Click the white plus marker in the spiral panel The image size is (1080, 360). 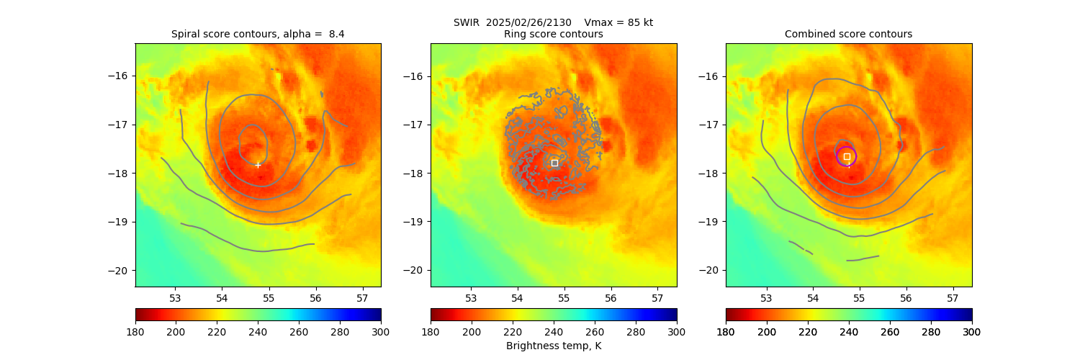[x=258, y=165]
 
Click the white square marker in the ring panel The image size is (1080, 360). [x=554, y=163]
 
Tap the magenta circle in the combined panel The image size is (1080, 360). [x=846, y=156]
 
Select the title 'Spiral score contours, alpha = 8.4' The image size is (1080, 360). [x=258, y=34]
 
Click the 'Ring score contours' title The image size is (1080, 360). [x=554, y=34]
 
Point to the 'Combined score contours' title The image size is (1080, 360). [x=848, y=34]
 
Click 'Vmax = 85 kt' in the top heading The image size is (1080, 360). [x=618, y=22]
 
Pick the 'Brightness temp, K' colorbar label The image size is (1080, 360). [x=554, y=346]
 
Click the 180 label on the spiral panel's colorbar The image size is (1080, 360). [x=135, y=332]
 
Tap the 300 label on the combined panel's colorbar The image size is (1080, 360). [x=972, y=332]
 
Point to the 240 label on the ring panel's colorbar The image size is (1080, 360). [x=554, y=332]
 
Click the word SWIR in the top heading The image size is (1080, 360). [x=467, y=22]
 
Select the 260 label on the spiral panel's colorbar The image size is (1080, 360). [x=299, y=332]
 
